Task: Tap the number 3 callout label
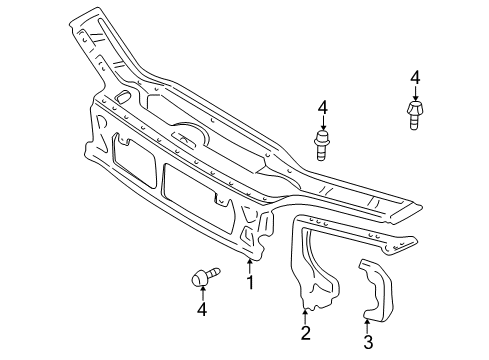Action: [368, 342]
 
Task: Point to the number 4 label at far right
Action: [414, 77]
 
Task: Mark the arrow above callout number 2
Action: [305, 317]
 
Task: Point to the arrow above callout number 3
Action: [368, 324]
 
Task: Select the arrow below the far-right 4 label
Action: [414, 93]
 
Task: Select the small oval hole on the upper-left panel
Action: [122, 97]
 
